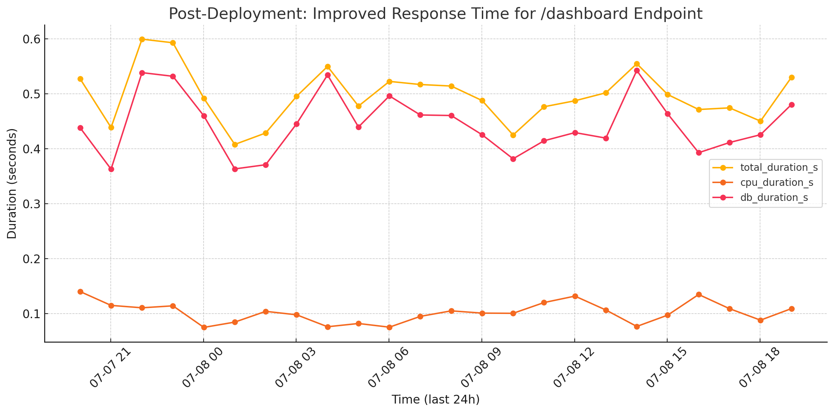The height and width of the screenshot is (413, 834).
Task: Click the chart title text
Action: coord(436,14)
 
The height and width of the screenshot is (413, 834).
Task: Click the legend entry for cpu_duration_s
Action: coord(777,183)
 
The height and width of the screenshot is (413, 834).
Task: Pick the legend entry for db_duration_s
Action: coord(774,198)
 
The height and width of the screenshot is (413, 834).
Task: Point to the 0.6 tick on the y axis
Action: coord(31,39)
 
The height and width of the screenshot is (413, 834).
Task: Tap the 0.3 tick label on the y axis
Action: coord(31,204)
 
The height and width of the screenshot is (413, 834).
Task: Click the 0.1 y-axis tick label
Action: coord(31,314)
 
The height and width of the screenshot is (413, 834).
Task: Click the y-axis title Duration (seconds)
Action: coord(12,184)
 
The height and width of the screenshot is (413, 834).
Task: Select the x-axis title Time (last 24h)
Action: coord(436,399)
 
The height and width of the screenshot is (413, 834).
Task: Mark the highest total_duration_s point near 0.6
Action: coord(142,39)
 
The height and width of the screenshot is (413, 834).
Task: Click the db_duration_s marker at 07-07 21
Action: coord(111,169)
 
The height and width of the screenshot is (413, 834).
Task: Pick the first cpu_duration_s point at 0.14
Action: coord(80,292)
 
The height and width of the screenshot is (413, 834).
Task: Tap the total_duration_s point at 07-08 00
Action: coord(204,98)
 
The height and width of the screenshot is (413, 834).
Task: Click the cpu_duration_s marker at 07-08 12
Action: coord(575,296)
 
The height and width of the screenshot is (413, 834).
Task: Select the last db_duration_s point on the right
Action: coord(791,105)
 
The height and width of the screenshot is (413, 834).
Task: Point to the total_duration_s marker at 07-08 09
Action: coord(482,100)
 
